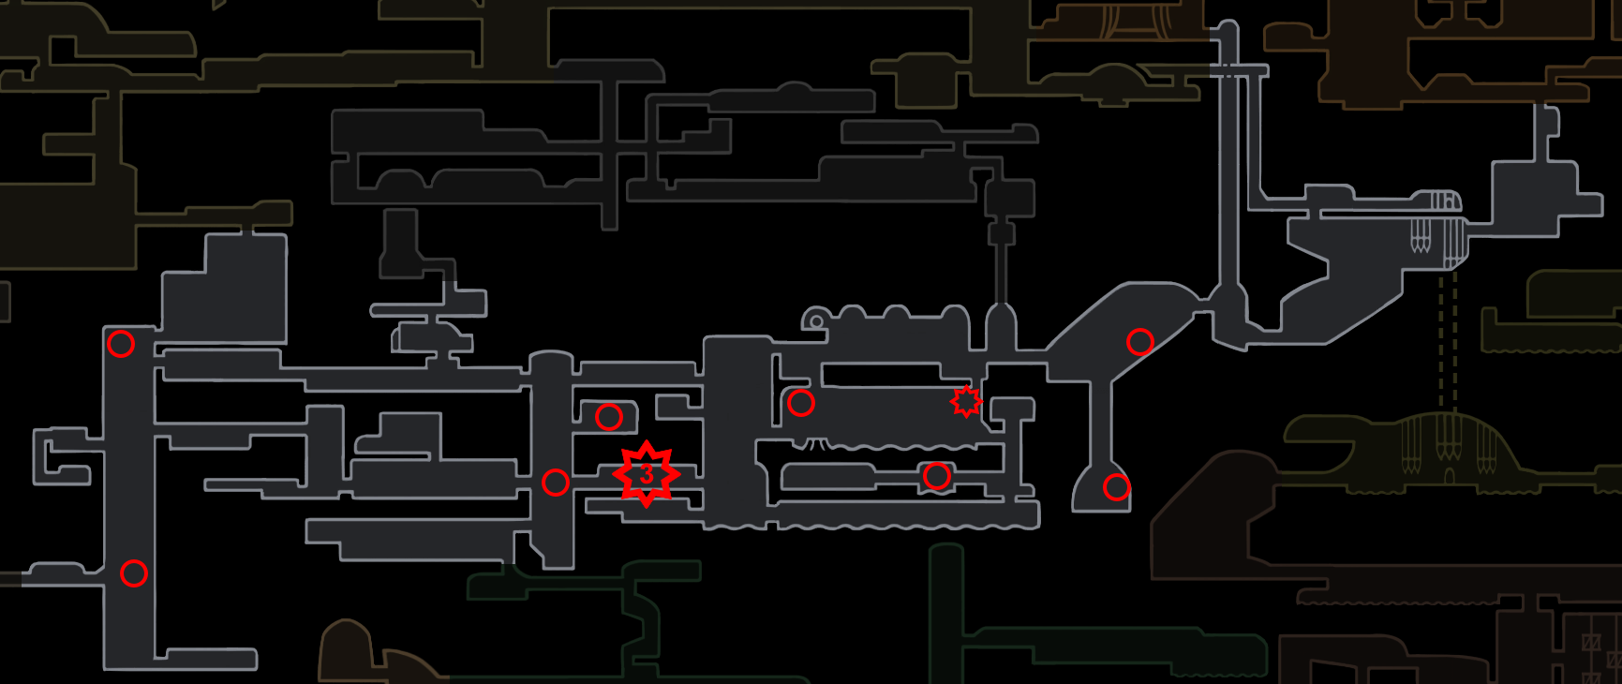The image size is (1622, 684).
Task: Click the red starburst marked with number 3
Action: [646, 474]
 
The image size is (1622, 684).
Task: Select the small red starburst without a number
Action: [966, 401]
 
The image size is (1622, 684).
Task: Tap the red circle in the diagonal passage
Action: [1139, 342]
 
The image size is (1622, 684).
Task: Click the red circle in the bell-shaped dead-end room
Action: [1116, 487]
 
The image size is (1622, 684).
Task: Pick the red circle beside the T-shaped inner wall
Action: [800, 403]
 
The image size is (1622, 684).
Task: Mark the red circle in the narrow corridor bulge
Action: [936, 476]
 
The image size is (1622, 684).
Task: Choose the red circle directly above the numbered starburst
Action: [608, 416]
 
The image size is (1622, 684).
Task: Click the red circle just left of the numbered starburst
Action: [556, 483]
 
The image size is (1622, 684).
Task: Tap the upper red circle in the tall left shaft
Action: [121, 344]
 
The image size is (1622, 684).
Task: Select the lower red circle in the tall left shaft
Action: [134, 572]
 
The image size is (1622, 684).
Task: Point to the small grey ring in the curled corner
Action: [816, 321]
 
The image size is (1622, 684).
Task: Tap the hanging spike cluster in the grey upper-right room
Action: [1421, 239]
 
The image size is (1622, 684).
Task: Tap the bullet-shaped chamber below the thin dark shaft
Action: [1000, 328]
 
